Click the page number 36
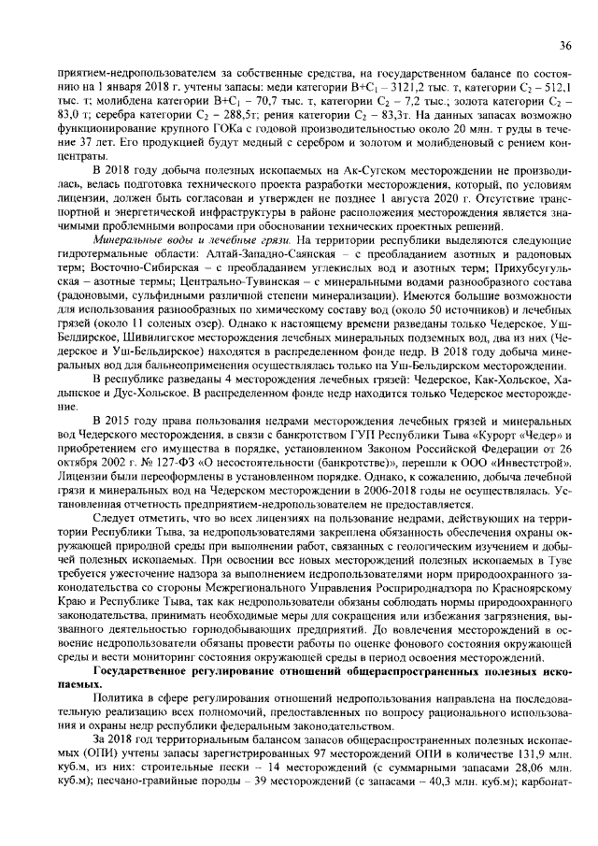coord(565,45)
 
